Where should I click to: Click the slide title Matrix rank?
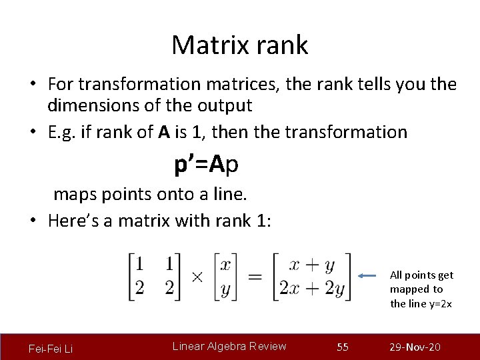[x=239, y=45]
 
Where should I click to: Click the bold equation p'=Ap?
[x=207, y=165]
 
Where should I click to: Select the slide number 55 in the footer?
[x=343, y=347]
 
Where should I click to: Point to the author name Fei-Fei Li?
[x=51, y=349]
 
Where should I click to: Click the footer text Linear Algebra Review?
[x=229, y=346]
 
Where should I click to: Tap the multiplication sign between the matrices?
[x=197, y=277]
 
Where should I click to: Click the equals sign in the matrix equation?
[x=254, y=277]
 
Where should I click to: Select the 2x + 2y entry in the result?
[x=312, y=289]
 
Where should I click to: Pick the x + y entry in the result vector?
[x=312, y=265]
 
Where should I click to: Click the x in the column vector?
[x=225, y=265]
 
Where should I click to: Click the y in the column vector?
[x=225, y=289]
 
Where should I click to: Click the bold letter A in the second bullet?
[x=164, y=132]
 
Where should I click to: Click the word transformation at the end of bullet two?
[x=346, y=132]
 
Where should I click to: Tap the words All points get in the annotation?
[x=421, y=275]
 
